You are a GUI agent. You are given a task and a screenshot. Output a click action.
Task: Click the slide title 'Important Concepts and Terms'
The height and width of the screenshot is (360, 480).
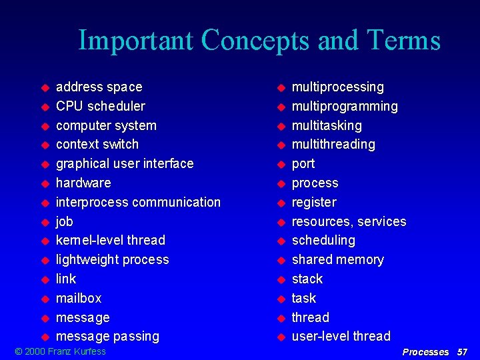259,40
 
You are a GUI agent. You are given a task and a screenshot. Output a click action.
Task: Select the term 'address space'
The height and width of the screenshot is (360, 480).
99,87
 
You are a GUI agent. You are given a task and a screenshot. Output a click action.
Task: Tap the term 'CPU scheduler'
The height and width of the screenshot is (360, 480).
100,107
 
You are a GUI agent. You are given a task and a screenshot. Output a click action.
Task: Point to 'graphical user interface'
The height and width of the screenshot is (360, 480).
125,164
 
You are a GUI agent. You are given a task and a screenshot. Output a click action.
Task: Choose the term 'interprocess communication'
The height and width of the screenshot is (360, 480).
138,202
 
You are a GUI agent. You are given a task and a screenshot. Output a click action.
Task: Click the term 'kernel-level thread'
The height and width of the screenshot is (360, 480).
110,240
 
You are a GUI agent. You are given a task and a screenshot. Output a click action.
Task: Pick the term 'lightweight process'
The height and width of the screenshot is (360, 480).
112,259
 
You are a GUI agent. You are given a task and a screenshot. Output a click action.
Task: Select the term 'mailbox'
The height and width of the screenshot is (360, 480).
79,298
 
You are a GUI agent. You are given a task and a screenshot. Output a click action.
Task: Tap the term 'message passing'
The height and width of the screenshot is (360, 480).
107,337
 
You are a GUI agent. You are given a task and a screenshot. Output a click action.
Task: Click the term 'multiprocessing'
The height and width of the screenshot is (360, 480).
337,87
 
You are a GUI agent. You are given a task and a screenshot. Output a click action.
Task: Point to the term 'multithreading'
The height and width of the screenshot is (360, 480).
333,145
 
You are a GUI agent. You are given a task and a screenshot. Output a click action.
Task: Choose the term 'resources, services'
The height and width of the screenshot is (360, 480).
349,221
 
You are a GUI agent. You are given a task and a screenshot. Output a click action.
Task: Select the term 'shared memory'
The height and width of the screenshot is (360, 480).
337,259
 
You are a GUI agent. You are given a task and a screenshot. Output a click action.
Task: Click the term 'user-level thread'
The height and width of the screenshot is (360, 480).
341,337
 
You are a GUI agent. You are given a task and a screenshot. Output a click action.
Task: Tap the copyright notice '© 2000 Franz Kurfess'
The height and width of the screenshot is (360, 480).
61,351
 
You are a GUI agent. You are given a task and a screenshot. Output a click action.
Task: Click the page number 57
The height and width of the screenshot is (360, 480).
462,352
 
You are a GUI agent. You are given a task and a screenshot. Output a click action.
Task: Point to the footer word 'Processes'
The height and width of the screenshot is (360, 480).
425,352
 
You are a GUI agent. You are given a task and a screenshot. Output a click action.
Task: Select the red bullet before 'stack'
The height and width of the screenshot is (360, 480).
281,279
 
